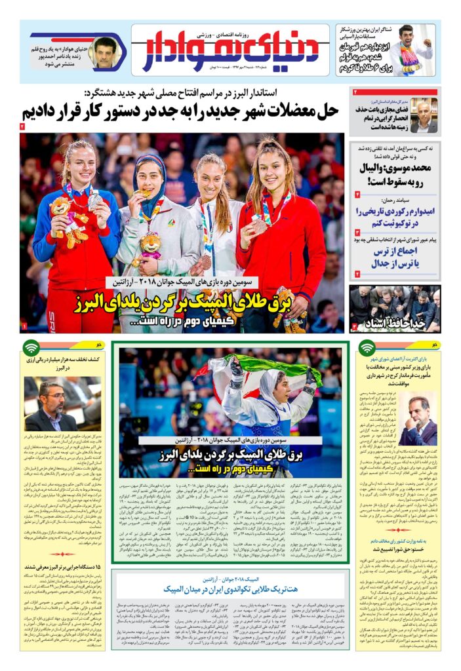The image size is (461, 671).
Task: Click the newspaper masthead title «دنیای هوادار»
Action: point(231,50)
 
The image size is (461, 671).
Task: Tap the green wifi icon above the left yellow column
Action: point(31,348)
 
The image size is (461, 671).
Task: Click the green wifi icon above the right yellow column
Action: point(367,348)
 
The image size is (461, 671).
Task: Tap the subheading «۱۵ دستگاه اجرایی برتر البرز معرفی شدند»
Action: point(64,567)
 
